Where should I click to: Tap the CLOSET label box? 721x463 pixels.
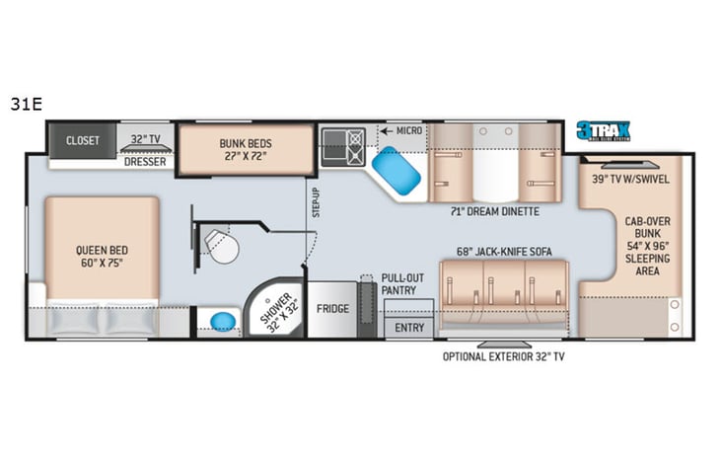[83, 140]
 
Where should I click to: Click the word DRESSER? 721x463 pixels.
[144, 162]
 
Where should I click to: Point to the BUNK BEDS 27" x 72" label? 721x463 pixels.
[245, 149]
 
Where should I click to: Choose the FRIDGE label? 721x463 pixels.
[333, 308]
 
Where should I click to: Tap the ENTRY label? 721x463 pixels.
[408, 327]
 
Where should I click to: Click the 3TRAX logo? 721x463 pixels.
[605, 131]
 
